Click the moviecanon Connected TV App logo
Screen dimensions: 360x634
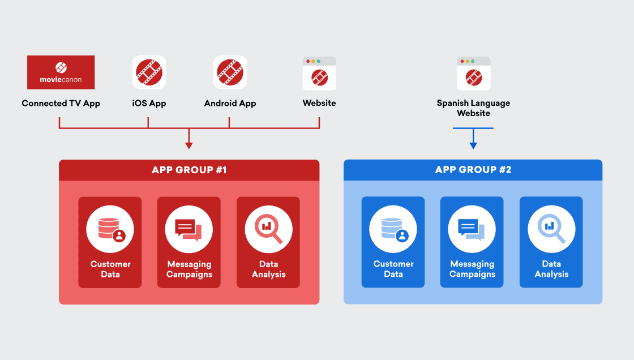(x=61, y=72)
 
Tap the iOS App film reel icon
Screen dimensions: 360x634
(x=149, y=72)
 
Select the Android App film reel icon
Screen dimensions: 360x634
(x=230, y=72)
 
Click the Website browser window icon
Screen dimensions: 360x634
(x=319, y=74)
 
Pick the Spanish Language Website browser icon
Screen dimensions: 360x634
(x=473, y=74)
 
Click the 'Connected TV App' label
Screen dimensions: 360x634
(x=61, y=103)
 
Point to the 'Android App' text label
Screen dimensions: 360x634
(x=230, y=103)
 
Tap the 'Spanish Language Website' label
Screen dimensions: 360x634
(x=473, y=108)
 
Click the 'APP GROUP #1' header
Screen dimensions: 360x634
(x=189, y=170)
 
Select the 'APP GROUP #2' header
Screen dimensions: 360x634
(x=473, y=170)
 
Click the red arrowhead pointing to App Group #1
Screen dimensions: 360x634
(x=189, y=145)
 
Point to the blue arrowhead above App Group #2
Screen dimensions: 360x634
(x=473, y=145)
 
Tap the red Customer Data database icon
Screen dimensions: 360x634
(x=110, y=229)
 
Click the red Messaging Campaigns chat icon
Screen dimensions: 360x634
(x=189, y=229)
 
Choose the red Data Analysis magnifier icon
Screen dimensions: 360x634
(x=268, y=229)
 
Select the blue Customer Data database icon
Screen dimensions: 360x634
(x=393, y=229)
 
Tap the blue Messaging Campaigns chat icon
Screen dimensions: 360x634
(x=472, y=229)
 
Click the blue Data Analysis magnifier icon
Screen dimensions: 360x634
(x=551, y=229)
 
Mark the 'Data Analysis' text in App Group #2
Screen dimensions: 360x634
(x=551, y=269)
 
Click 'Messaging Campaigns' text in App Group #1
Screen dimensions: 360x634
(x=189, y=269)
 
